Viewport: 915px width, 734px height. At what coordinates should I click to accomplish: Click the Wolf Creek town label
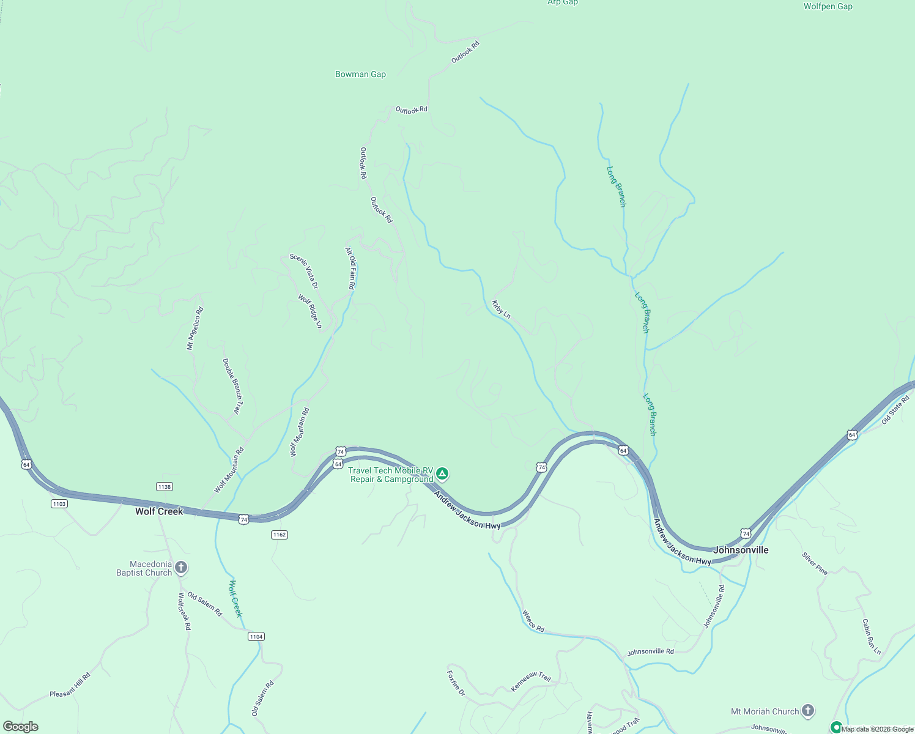159,511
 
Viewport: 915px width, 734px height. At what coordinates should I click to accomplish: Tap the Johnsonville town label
741,550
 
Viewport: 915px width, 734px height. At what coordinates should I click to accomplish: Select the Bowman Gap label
360,74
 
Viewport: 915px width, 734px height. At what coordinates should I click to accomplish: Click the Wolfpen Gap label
828,7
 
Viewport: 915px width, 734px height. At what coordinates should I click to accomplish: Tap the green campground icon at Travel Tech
442,474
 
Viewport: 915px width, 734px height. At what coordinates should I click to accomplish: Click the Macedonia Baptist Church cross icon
181,568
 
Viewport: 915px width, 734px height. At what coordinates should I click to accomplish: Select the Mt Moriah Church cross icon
808,711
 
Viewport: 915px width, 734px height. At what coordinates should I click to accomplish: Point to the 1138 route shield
164,487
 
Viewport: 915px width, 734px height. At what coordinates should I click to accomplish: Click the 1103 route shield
59,504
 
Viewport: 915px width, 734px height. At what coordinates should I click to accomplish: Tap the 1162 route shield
279,535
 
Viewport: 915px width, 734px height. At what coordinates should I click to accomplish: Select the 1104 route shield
256,637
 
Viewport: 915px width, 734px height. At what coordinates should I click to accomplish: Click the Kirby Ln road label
501,309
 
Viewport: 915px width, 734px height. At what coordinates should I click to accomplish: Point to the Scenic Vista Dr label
304,271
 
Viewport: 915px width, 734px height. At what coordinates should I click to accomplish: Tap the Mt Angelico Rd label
195,328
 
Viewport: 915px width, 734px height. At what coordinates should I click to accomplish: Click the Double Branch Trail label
232,386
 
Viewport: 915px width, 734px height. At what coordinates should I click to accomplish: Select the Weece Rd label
533,620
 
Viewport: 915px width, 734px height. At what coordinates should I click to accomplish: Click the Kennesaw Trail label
531,681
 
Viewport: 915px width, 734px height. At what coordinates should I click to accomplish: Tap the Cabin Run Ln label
871,637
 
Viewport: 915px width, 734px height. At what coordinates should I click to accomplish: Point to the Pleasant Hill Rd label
70,685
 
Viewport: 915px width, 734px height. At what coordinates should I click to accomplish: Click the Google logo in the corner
20,727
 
